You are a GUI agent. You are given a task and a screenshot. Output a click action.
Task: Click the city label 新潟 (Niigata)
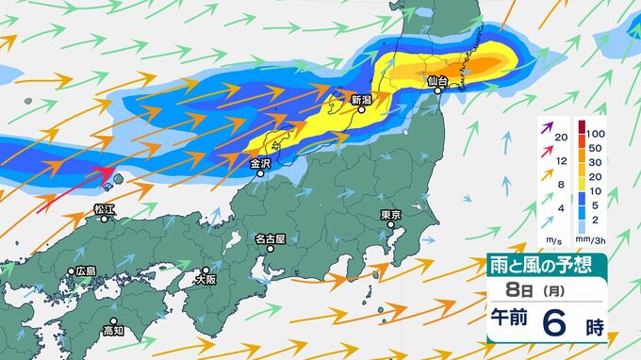pos(361,99)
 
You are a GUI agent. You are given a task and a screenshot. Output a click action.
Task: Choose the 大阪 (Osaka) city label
pos(205,279)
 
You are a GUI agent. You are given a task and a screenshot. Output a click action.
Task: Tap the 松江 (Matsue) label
pos(105,207)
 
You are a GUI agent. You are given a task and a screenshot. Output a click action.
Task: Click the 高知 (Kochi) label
pos(112,330)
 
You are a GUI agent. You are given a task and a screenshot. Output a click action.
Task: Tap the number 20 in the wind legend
pos(562,138)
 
